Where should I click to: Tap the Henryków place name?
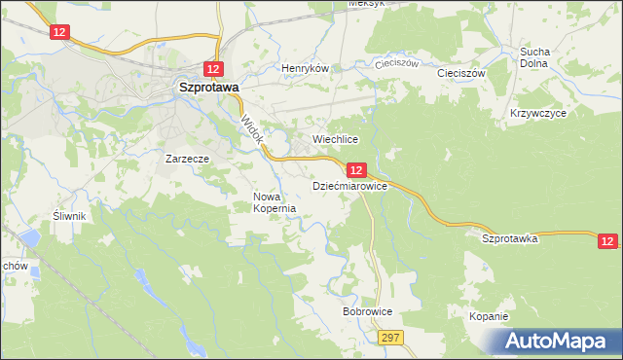(x=306, y=69)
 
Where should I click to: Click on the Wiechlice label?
(x=336, y=139)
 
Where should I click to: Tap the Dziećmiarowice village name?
(x=349, y=185)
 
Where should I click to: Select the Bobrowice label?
(x=367, y=312)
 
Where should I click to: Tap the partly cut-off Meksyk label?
(x=367, y=4)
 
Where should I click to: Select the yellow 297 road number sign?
(x=390, y=337)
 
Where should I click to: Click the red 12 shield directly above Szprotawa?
(x=214, y=68)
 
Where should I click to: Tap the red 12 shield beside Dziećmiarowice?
(x=356, y=169)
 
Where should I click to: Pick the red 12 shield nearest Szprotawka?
(x=607, y=240)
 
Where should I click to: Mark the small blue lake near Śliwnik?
(x=30, y=236)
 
